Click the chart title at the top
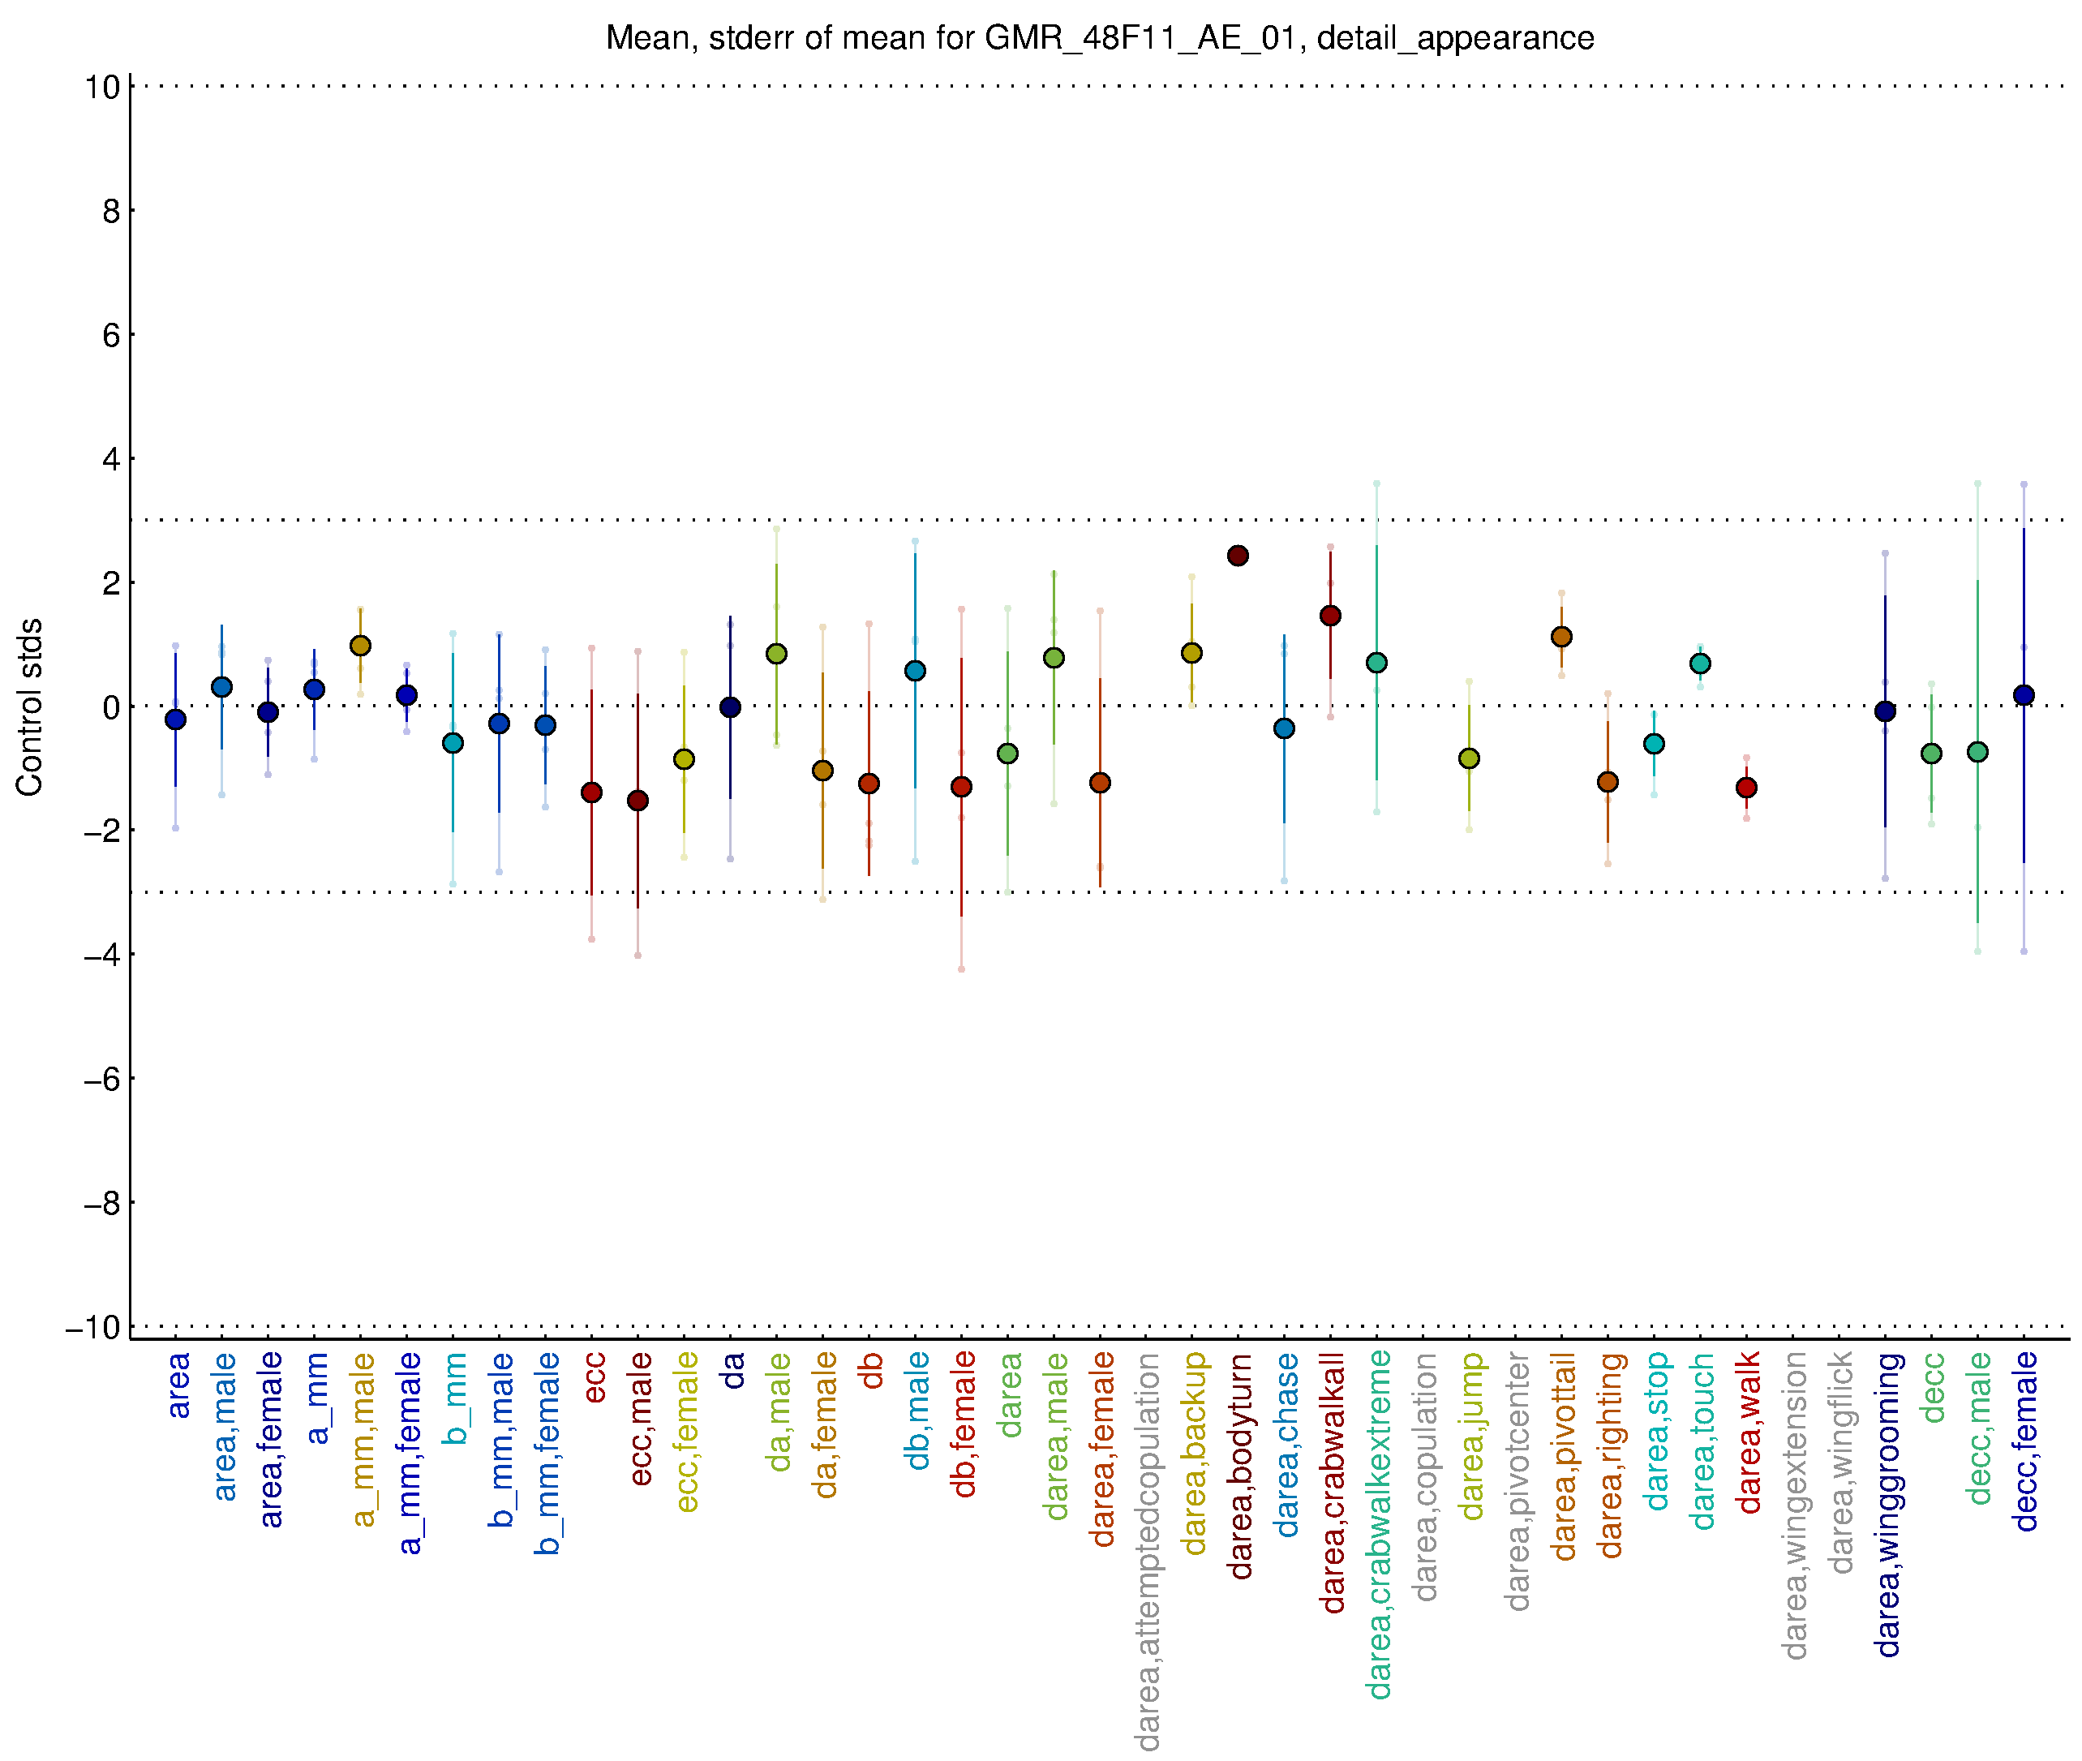pyautogui.click(x=1099, y=38)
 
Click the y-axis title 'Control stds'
pyautogui.click(x=30, y=707)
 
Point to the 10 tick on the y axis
pyautogui.click(x=103, y=87)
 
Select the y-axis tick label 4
pyautogui.click(x=111, y=459)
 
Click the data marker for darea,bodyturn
pyautogui.click(x=1238, y=556)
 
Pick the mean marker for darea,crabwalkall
pyautogui.click(x=1329, y=616)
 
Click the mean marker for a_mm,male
pyautogui.click(x=360, y=646)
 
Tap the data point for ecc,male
pyautogui.click(x=637, y=801)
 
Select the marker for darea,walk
pyautogui.click(x=1745, y=788)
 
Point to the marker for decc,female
pyautogui.click(x=2023, y=695)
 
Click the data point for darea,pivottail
pyautogui.click(x=1561, y=637)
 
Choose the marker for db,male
pyautogui.click(x=915, y=671)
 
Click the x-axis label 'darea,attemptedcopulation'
pyautogui.click(x=1148, y=1552)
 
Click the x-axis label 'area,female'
pyautogui.click(x=269, y=1440)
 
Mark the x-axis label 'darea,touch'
pyautogui.click(x=1702, y=1441)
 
